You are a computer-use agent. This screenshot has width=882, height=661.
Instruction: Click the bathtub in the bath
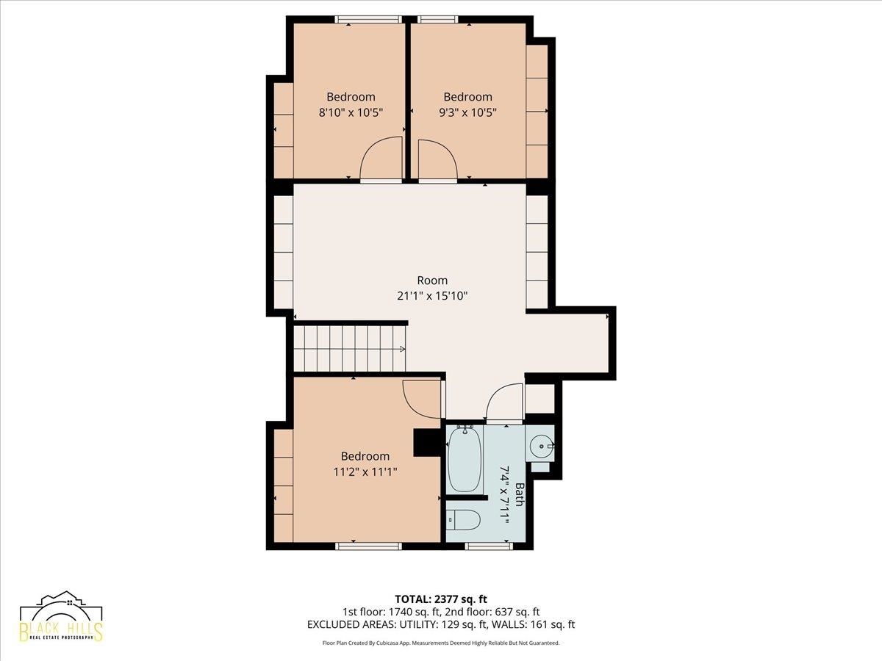point(464,459)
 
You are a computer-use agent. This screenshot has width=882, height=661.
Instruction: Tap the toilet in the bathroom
point(463,520)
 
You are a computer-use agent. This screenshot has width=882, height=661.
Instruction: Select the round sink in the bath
point(541,446)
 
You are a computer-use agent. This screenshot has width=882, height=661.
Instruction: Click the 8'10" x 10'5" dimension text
point(351,112)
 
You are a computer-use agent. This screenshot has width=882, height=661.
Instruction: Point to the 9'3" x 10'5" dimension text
point(467,112)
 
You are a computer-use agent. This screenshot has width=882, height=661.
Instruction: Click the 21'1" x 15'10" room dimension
point(432,296)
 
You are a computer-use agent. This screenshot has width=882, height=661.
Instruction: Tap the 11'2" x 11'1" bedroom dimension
point(365,472)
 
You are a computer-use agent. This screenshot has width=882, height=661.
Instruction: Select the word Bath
point(520,494)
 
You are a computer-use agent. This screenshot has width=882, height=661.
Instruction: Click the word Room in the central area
point(432,280)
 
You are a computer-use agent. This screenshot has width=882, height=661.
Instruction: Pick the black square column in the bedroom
point(428,443)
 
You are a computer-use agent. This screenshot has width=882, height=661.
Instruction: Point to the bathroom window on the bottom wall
point(489,546)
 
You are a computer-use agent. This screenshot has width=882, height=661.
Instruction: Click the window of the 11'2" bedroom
point(368,546)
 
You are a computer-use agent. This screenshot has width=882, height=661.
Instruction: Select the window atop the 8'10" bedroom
point(368,19)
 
